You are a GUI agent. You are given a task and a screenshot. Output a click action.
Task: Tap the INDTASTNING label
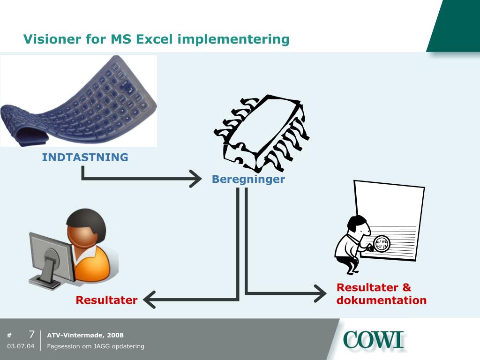coord(85,157)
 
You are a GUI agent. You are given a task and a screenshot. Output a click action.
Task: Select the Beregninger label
coord(248,179)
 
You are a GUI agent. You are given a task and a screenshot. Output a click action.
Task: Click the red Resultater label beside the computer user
coord(106,300)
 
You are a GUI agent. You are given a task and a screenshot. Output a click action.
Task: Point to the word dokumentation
coord(381,300)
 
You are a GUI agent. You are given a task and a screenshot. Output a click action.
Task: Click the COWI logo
coord(373,340)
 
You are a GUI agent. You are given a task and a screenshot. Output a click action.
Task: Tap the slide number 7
coord(31,335)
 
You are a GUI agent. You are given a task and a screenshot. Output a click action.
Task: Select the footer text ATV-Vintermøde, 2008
coord(85,335)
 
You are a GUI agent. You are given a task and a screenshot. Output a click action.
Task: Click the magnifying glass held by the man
coord(382,243)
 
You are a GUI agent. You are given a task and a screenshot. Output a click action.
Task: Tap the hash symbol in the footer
coord(9,335)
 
